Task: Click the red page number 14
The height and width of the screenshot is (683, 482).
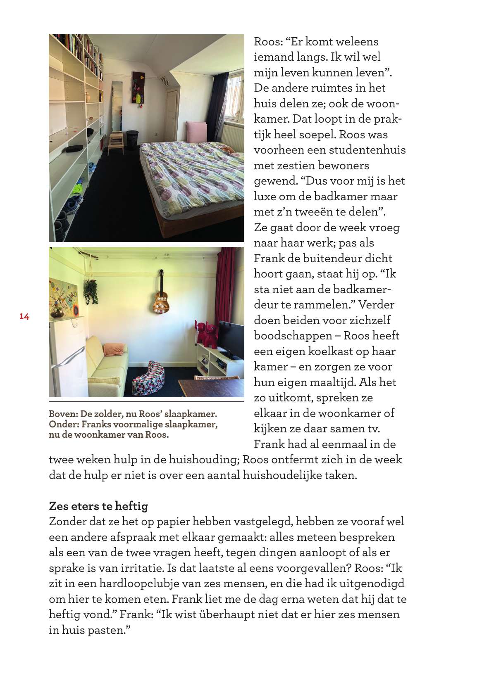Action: click(24, 317)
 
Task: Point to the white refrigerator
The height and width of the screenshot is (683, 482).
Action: click(67, 358)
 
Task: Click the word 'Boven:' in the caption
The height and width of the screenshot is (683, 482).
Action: click(63, 414)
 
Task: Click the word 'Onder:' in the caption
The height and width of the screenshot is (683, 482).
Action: click(64, 424)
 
